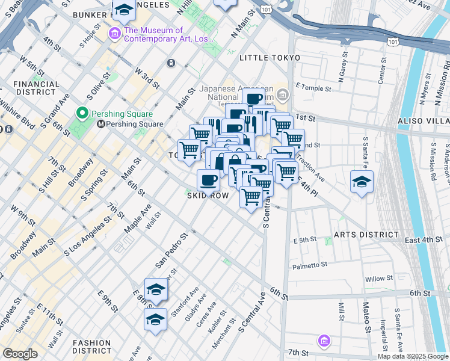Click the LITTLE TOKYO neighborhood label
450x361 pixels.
pyautogui.click(x=269, y=58)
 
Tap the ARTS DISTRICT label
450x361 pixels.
pyautogui.click(x=367, y=234)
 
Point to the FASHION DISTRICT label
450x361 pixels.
pyautogui.click(x=91, y=346)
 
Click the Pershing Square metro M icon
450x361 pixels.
pyautogui.click(x=101, y=124)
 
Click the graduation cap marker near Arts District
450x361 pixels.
pyautogui.click(x=362, y=182)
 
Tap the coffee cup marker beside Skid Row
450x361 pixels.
pyautogui.click(x=209, y=179)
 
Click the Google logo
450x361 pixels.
pyautogui.click(x=20, y=354)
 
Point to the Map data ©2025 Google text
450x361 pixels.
pyautogui.click(x=412, y=356)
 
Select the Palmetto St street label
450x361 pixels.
pyautogui.click(x=310, y=265)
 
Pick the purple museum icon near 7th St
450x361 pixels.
pyautogui.click(x=324, y=341)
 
